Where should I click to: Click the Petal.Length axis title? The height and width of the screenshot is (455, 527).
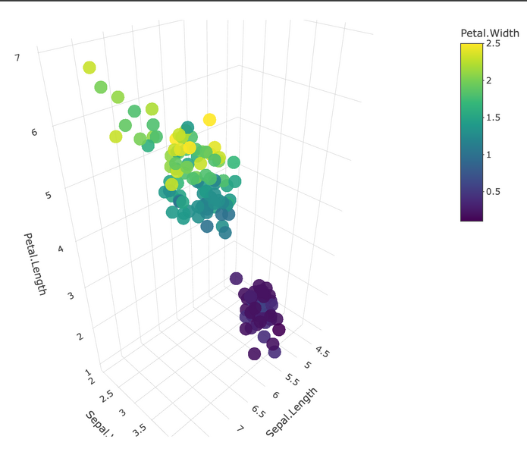36,264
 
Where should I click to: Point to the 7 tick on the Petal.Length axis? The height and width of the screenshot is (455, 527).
17,57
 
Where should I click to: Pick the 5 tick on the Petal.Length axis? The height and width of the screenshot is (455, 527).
49,195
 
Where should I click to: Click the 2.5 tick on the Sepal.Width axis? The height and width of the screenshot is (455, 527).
106,394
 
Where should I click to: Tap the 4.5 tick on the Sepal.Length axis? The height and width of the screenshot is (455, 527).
323,352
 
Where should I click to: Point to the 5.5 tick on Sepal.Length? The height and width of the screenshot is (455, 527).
293,378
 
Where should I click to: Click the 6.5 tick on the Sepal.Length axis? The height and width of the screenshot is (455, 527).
258,412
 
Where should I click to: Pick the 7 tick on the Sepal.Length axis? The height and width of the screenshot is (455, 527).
240,429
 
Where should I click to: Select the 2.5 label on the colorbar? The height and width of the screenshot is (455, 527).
493,44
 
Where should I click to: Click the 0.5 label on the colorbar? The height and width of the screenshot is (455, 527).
493,191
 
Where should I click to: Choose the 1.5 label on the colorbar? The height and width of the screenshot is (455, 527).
493,118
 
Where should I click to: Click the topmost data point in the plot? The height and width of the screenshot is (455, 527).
89,67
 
